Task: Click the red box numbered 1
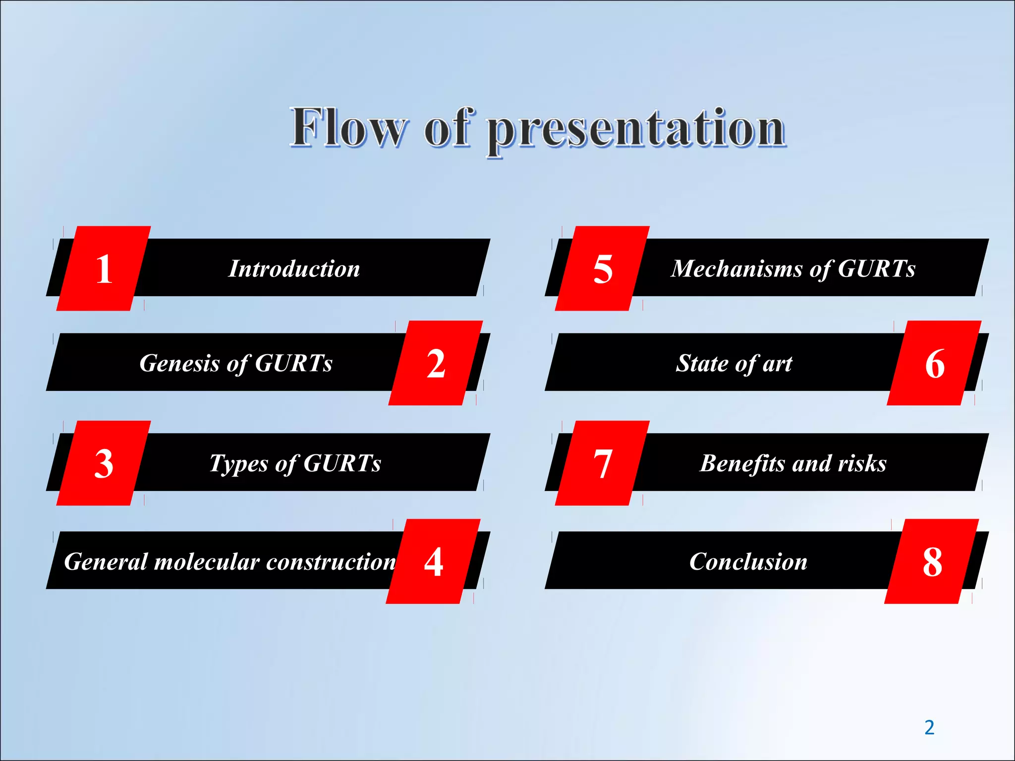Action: (x=104, y=269)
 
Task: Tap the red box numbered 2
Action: (x=436, y=363)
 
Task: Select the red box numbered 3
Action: (x=104, y=463)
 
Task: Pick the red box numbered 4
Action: (x=433, y=561)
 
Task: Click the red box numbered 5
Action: (x=602, y=269)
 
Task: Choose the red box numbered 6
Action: (x=934, y=363)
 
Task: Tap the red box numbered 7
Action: (x=602, y=463)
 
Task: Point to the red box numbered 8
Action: (x=932, y=561)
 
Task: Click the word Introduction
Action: (x=294, y=269)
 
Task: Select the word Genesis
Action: (x=179, y=363)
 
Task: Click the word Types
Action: (x=238, y=464)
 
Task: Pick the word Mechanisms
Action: (x=736, y=269)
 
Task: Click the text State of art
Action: (x=734, y=364)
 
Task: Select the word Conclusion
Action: (x=748, y=562)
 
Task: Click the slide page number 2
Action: (x=929, y=727)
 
